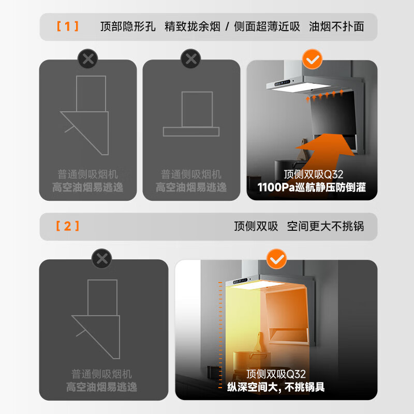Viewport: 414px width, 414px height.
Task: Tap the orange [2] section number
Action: [67, 226]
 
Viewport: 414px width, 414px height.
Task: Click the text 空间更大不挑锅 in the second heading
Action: [326, 226]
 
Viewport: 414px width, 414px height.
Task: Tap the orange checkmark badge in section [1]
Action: [312, 60]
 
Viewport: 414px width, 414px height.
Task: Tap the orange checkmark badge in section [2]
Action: [276, 258]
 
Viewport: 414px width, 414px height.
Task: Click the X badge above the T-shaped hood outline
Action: [191, 60]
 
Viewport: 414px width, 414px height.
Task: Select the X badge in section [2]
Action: [101, 258]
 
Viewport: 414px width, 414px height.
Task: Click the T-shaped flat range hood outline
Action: [191, 114]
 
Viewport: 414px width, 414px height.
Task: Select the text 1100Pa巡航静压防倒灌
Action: [312, 187]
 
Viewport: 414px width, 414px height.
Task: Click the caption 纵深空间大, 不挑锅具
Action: [276, 387]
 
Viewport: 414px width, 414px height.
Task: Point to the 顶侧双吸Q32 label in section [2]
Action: [276, 374]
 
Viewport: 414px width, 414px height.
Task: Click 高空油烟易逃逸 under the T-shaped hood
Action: [191, 187]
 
